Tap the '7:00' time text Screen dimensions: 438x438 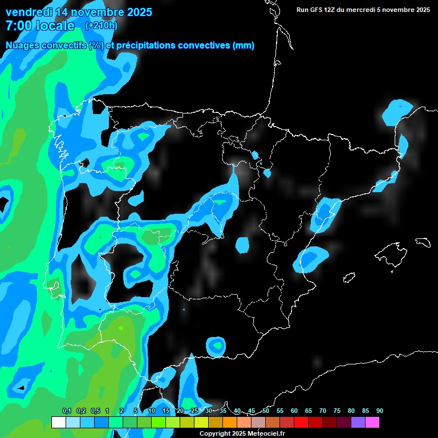[18, 26]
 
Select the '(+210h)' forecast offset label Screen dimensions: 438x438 [101, 25]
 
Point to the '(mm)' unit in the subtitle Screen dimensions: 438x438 [244, 46]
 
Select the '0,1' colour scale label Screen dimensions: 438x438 [66, 411]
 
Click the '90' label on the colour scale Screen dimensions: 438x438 [380, 411]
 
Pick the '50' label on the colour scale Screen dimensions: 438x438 [266, 411]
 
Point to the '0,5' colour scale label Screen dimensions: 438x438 [95, 411]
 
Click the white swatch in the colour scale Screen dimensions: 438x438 [58, 423]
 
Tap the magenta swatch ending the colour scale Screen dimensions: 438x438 [372, 423]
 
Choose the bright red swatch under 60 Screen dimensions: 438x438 [301, 423]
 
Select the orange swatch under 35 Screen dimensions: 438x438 [229, 423]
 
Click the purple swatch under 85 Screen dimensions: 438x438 [358, 423]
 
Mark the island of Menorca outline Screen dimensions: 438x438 [423, 242]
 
